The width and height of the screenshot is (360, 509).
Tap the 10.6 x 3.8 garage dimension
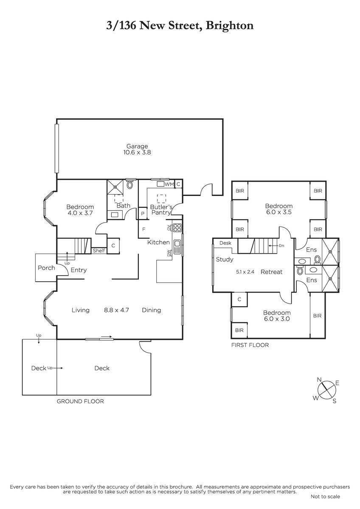coord(137,152)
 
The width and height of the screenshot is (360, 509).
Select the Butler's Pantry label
coord(161,210)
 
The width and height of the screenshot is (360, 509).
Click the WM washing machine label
coord(169,184)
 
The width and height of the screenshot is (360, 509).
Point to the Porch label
coord(46,268)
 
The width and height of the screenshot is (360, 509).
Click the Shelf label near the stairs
coord(99,251)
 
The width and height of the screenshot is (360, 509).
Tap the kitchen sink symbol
coord(177,247)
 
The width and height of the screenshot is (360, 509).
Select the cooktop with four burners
coord(177,228)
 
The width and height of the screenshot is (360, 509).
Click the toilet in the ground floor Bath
coord(130,185)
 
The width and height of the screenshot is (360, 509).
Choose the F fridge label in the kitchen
coord(144,229)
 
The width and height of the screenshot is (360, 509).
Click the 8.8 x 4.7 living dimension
coord(116,310)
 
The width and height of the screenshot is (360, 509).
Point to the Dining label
coord(152,310)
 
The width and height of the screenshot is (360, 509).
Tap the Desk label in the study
coord(225,243)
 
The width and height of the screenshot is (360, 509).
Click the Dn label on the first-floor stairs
coord(281,246)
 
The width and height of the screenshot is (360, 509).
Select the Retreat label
coord(272,272)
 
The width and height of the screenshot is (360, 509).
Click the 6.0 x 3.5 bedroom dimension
coord(279,212)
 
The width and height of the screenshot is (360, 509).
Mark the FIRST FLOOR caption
coord(250,345)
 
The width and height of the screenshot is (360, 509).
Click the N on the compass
coord(319,380)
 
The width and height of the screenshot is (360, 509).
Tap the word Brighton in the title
coord(230,26)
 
